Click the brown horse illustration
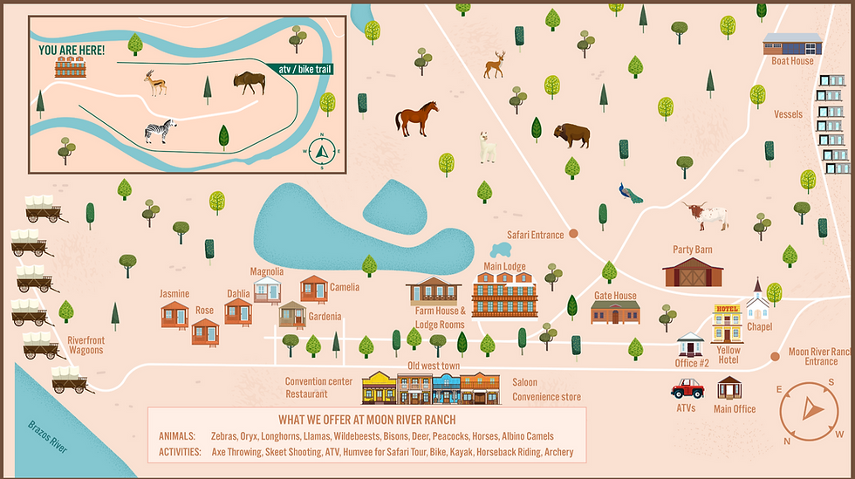[416, 119]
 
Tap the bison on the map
[571, 134]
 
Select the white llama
[486, 147]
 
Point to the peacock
[630, 192]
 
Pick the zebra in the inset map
[159, 133]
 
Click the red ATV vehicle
[687, 387]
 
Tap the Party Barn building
[693, 271]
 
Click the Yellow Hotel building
[727, 324]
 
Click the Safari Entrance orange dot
[574, 233]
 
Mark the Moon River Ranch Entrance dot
[775, 356]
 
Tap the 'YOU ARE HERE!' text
[72, 51]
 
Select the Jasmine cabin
[174, 314]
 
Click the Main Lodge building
[504, 294]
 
